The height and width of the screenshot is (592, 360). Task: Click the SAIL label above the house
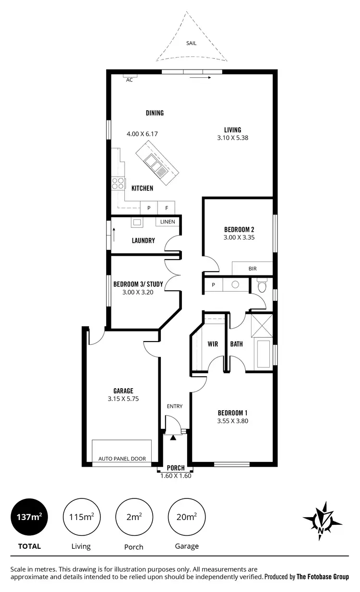(191, 43)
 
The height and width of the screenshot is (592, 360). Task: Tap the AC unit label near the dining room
(129, 80)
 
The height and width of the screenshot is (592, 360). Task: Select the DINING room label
(155, 113)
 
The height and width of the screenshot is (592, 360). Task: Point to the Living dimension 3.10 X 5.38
(232, 138)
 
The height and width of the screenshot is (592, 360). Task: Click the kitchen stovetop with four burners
(118, 183)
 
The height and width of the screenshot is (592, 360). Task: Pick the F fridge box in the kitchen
(167, 208)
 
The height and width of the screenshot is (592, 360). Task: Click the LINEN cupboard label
(168, 222)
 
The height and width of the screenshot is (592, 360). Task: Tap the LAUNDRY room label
(143, 240)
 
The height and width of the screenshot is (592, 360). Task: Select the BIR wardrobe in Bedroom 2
(252, 269)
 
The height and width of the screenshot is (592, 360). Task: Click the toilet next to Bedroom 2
(262, 286)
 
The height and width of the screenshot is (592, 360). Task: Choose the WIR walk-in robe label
(213, 344)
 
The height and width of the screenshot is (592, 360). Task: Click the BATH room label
(236, 344)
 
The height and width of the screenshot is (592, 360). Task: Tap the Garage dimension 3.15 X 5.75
(123, 399)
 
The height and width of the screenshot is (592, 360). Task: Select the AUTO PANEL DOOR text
(122, 459)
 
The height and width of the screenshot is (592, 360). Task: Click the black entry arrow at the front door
(173, 437)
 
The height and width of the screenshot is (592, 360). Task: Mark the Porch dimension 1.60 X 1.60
(176, 476)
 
